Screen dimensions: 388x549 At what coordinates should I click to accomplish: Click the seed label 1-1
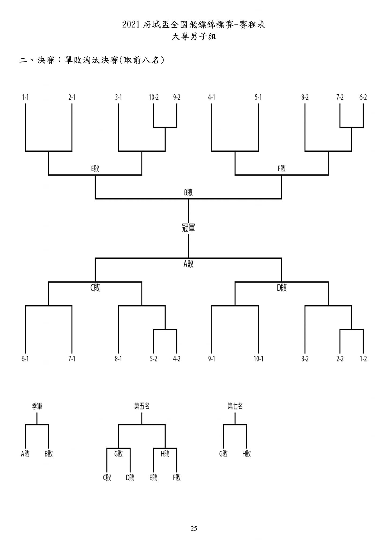tap(25, 97)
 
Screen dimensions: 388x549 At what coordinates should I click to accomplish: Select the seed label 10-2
tap(154, 97)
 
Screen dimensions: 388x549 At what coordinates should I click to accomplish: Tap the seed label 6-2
tap(363, 97)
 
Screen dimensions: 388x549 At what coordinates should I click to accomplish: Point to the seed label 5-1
tap(258, 97)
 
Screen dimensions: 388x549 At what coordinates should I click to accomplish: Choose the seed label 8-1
tap(118, 359)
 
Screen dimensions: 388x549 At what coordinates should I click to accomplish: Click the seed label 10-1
tap(258, 359)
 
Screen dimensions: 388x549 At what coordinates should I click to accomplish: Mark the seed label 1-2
tap(363, 359)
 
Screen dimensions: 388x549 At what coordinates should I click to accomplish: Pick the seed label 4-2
tap(177, 359)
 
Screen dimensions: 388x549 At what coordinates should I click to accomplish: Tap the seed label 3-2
tap(305, 359)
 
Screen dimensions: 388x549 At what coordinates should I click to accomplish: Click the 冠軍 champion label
tap(188, 228)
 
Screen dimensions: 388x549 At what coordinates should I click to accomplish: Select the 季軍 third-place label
tap(37, 406)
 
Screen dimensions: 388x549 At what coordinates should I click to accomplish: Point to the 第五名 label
tap(142, 406)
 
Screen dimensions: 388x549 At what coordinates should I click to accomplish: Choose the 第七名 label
tap(235, 406)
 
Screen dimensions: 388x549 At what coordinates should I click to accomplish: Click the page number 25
tap(194, 529)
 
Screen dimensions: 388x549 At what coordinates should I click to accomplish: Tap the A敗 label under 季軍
tap(25, 454)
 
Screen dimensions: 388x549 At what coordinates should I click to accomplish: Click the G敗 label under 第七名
tap(223, 454)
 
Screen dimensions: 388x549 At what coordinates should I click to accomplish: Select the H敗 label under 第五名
tap(165, 454)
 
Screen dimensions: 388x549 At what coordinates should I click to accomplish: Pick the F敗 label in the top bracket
tap(282, 169)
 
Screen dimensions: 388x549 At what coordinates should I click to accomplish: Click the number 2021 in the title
tap(131, 25)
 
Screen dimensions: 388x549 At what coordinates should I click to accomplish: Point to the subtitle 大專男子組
tap(194, 36)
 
